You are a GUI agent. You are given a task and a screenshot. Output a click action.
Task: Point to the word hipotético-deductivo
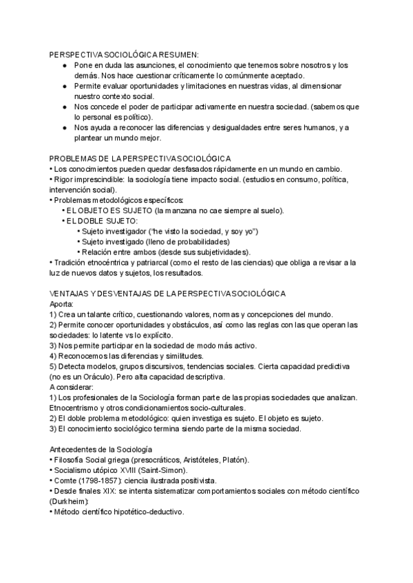click(144, 512)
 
